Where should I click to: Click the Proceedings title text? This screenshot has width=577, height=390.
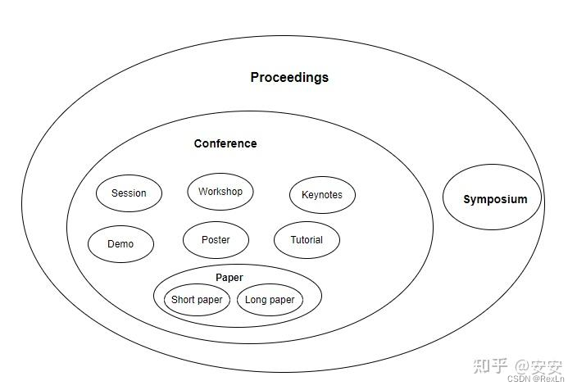289,78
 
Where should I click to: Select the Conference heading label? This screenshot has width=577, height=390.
225,143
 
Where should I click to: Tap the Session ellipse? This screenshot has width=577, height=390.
129,193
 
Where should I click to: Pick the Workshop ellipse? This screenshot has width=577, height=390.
220,192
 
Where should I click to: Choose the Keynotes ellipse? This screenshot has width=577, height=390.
322,195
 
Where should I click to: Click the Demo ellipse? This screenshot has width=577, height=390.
120,243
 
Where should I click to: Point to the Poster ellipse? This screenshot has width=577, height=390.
216,240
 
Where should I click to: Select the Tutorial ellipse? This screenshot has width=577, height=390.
307,240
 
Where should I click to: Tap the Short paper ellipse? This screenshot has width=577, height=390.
197,300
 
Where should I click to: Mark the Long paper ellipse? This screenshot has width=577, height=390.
270,300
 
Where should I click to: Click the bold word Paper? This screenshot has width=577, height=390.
229,278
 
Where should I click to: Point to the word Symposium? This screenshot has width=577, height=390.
495,199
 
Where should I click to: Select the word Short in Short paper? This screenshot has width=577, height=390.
183,300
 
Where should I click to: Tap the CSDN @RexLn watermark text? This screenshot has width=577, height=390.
535,379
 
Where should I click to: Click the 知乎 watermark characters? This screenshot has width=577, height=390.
499,365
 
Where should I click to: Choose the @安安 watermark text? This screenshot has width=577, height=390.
541,365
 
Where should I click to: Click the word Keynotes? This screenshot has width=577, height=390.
322,195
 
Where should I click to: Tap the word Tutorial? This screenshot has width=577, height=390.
307,240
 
